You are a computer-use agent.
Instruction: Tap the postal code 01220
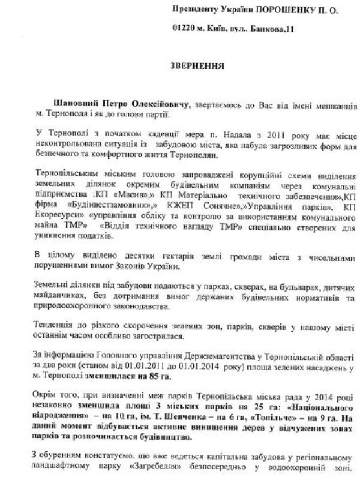(x=183, y=28)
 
